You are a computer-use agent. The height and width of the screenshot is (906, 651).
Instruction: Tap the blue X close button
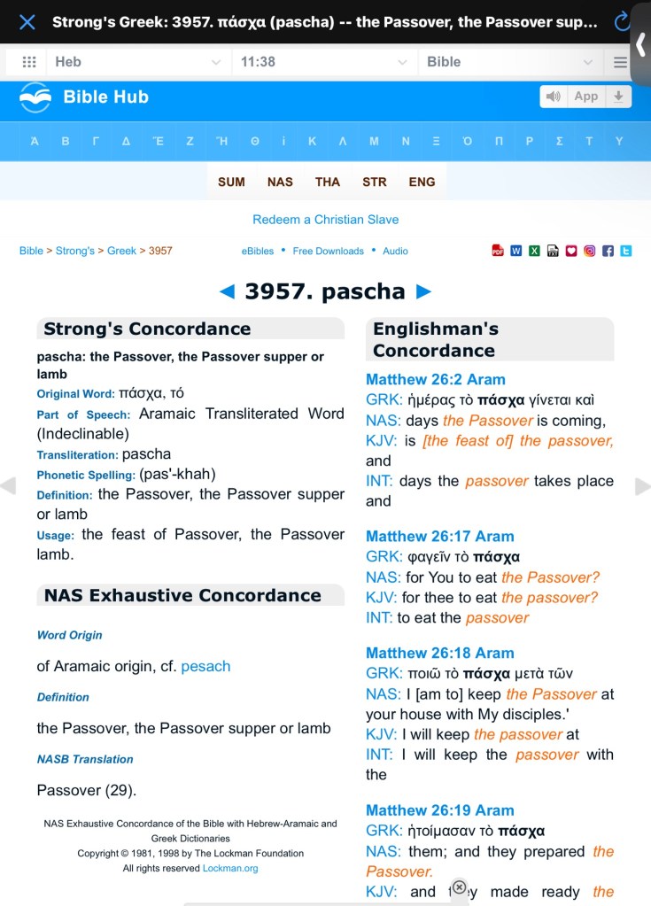tap(27, 21)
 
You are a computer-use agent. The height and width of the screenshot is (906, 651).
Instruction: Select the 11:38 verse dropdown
tap(323, 62)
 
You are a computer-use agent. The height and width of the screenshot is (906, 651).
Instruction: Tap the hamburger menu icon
tap(620, 62)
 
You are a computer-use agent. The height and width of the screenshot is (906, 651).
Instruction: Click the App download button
tap(585, 97)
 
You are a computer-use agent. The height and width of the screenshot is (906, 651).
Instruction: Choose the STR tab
tap(375, 182)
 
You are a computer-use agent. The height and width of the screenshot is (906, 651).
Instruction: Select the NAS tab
tap(280, 182)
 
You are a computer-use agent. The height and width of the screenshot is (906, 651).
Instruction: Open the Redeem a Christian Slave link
tap(326, 220)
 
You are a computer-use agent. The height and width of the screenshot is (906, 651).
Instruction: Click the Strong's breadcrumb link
tap(75, 251)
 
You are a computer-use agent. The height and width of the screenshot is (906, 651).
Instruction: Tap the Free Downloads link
tap(328, 251)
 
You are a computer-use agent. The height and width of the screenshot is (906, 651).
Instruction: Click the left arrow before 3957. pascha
tap(227, 291)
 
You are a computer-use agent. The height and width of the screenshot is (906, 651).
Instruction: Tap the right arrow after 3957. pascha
tap(423, 291)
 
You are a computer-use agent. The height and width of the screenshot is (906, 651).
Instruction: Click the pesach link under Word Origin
tap(205, 666)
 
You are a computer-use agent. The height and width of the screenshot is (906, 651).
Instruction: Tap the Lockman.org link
tap(230, 868)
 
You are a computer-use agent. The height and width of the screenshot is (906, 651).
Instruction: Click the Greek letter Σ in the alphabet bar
tap(560, 142)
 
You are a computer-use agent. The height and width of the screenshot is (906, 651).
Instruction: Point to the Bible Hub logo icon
tap(35, 97)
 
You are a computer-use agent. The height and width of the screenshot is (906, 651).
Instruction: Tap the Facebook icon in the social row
tap(608, 251)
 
